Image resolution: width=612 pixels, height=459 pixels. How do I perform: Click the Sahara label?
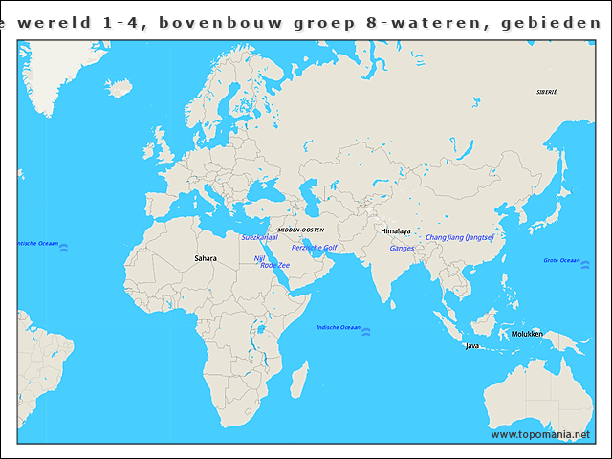(x=205, y=258)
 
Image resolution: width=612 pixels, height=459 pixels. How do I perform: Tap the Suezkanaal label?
(x=259, y=236)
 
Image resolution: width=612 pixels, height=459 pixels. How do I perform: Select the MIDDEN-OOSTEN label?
(x=300, y=230)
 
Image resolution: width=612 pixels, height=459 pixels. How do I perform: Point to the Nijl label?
(x=258, y=258)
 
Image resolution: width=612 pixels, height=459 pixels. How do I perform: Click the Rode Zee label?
(x=274, y=265)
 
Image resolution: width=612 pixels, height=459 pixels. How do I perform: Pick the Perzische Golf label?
(x=314, y=248)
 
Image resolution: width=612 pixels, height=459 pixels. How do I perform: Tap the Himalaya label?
(x=395, y=231)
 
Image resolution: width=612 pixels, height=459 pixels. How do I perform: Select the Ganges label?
(x=402, y=248)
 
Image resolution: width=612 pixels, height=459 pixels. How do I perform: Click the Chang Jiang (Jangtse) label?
(x=459, y=237)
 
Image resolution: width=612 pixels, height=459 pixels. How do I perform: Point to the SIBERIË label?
(x=546, y=92)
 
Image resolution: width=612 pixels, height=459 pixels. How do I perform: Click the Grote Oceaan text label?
(x=561, y=260)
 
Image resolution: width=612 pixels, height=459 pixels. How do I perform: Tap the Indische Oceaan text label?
(x=339, y=328)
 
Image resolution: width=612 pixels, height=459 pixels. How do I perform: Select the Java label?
(x=471, y=345)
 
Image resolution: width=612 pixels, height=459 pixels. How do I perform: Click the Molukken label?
(x=527, y=334)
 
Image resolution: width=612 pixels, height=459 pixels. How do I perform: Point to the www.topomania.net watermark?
(x=540, y=435)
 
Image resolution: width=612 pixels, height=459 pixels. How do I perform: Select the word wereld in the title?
(x=60, y=20)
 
